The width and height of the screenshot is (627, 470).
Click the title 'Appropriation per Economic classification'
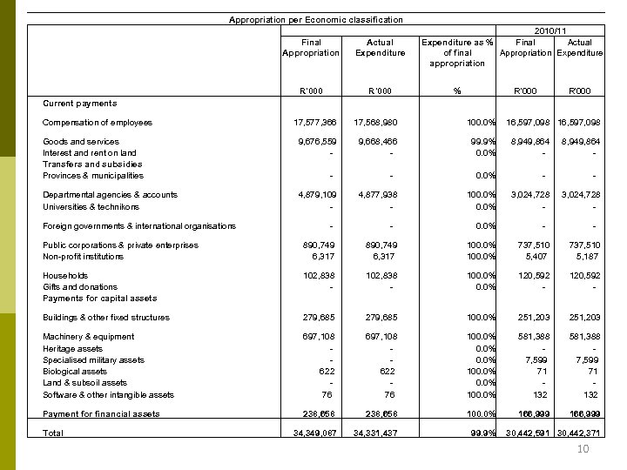click(315, 19)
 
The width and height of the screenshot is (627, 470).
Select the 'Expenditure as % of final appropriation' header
click(457, 52)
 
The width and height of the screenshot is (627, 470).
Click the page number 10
click(583, 449)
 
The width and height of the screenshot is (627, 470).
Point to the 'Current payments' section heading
click(79, 104)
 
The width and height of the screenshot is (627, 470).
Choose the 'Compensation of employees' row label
click(98, 123)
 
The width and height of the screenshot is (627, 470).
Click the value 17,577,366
click(316, 123)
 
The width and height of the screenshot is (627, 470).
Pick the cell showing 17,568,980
click(379, 123)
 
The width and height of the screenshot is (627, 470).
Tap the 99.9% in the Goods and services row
click(482, 142)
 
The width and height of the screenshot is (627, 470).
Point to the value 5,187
click(590, 257)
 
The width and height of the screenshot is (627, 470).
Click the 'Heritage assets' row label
click(72, 348)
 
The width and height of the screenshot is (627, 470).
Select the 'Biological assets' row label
click(75, 372)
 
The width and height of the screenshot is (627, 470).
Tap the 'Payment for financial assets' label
click(101, 414)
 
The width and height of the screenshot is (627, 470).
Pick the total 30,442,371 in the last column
click(579, 433)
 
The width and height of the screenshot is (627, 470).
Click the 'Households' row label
click(65, 276)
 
